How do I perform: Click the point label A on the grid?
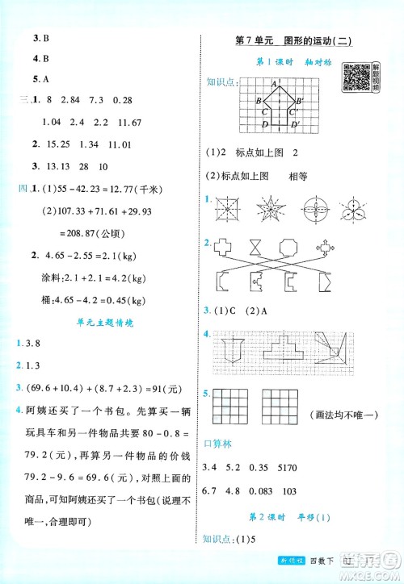(275, 83)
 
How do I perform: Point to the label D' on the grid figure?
(295, 124)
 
